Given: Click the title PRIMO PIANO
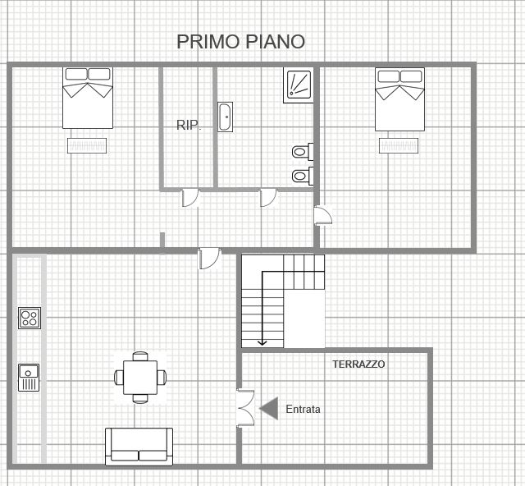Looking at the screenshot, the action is tap(240, 42).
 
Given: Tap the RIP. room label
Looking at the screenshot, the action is tap(189, 126).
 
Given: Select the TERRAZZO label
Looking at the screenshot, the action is tap(358, 364).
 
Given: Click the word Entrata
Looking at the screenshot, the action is tap(303, 409).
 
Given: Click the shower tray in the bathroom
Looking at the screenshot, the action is tap(299, 85).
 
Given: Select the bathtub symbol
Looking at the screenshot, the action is tap(225, 117).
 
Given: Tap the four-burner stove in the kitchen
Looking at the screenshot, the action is tap(30, 318).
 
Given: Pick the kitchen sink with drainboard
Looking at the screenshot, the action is tap(29, 378).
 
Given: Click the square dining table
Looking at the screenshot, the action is tap(140, 378).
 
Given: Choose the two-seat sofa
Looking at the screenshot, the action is tap(139, 447).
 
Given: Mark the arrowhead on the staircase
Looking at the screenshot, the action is tap(262, 342).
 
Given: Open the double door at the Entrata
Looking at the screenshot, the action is tap(246, 408).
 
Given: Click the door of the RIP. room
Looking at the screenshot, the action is tap(190, 198).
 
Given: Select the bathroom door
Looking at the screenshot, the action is tap(268, 198).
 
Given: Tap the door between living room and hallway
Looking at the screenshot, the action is tap(210, 259).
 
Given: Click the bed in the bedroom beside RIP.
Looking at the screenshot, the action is tap(88, 98).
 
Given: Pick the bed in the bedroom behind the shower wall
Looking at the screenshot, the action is tap(399, 99).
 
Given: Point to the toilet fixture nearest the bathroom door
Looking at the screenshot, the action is tap(303, 176).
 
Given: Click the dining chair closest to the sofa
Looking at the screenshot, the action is tap(140, 399).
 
